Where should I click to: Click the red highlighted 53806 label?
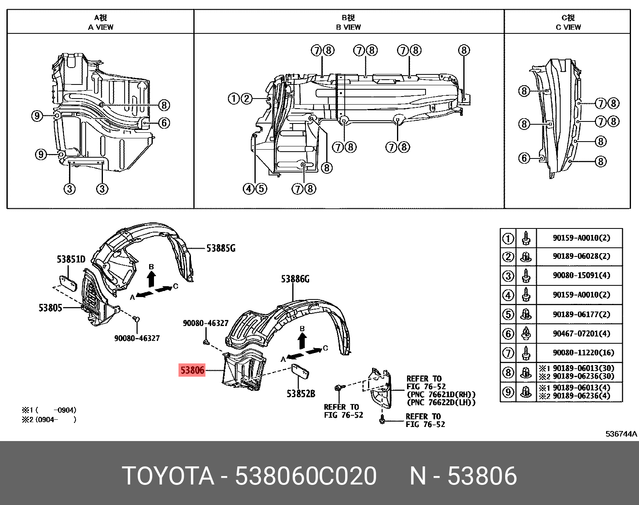(x=192, y=370)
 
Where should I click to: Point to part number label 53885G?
(x=221, y=246)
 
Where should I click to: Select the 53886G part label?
(x=295, y=280)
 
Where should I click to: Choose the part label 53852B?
(x=299, y=394)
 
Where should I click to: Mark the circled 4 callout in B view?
(x=247, y=187)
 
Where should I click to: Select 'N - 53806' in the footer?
(x=466, y=476)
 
